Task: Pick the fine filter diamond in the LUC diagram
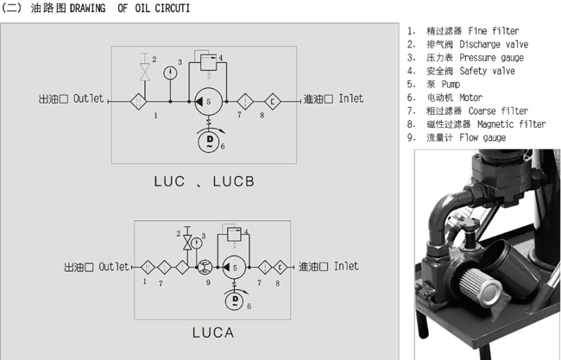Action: pyautogui.click(x=137, y=100)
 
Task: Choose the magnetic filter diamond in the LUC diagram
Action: pyautogui.click(x=273, y=100)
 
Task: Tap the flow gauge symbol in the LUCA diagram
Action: pyautogui.click(x=205, y=268)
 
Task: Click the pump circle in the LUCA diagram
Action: pyautogui.click(x=231, y=268)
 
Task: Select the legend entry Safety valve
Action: pyautogui.click(x=487, y=72)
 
